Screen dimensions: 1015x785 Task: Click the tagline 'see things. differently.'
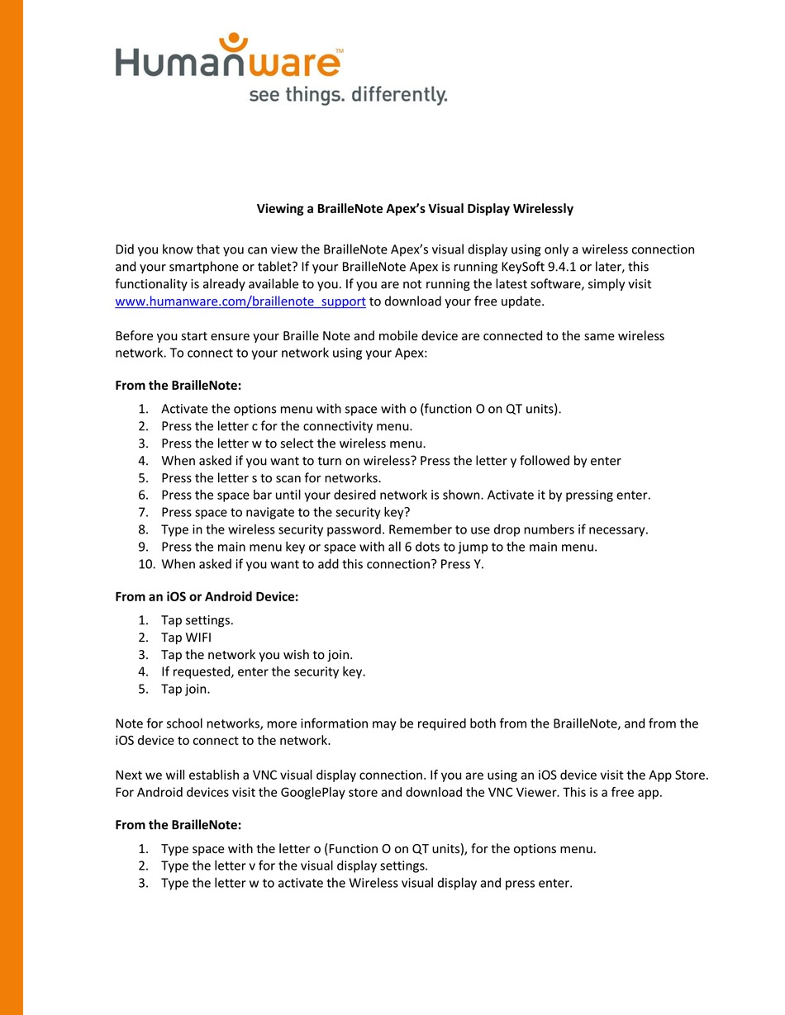click(348, 95)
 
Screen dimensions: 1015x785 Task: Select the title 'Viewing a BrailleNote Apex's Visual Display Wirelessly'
click(415, 209)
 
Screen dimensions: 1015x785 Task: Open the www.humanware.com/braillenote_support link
click(240, 301)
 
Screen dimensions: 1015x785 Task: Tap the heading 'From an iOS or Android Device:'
click(207, 597)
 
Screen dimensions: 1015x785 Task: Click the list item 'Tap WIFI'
click(186, 638)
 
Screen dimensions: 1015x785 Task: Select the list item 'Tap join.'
click(186, 689)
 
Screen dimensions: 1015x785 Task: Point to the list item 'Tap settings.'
click(197, 620)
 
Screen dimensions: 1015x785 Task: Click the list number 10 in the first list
click(145, 565)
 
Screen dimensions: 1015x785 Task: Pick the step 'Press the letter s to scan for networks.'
click(271, 478)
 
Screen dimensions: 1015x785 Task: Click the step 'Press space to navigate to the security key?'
click(285, 513)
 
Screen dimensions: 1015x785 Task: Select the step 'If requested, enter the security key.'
click(263, 672)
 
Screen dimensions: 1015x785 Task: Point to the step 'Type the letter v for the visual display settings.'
click(294, 866)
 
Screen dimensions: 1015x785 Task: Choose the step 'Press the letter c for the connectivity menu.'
click(287, 427)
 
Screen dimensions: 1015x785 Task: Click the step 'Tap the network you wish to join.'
click(257, 655)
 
